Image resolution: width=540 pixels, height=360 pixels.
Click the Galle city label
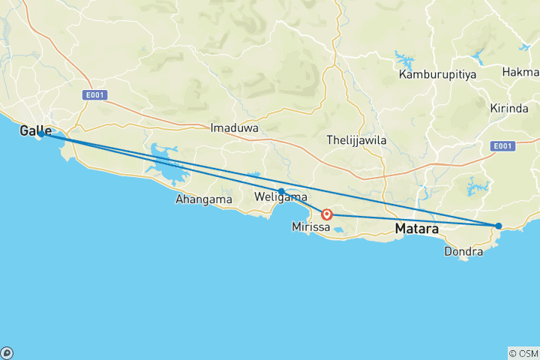pyautogui.click(x=36, y=131)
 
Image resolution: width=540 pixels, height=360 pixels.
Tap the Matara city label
pyautogui.click(x=417, y=229)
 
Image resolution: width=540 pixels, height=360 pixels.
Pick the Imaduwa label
pyautogui.click(x=234, y=128)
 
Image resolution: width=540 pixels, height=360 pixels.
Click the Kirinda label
pyautogui.click(x=510, y=108)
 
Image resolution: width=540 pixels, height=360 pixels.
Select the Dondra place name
pyautogui.click(x=463, y=252)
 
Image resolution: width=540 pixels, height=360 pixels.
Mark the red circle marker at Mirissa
pyautogui.click(x=328, y=214)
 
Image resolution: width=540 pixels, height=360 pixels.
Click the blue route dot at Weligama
pyautogui.click(x=281, y=191)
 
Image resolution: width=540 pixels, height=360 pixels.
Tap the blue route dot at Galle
pyautogui.click(x=40, y=134)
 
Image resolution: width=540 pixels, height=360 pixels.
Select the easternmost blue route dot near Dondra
pyautogui.click(x=499, y=226)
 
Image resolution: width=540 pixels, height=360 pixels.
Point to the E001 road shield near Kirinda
pyautogui.click(x=503, y=145)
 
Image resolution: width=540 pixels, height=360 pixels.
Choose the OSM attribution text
pyautogui.click(x=523, y=352)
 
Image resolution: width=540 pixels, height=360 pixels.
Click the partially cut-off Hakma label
pyautogui.click(x=523, y=72)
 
